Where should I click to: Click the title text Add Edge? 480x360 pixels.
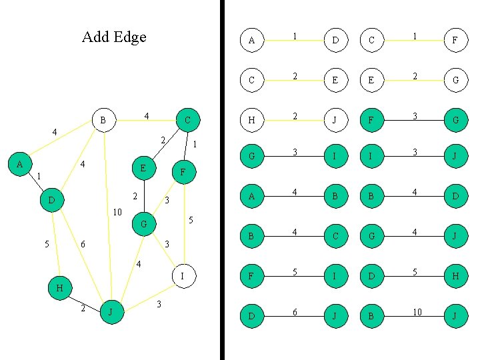tap(114, 37)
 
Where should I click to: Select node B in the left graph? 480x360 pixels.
tap(103, 121)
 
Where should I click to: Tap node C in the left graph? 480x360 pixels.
tap(188, 121)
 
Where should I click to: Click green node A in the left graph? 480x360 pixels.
tap(20, 163)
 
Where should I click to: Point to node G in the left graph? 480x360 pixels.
tap(144, 224)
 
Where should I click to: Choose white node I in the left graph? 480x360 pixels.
tap(183, 275)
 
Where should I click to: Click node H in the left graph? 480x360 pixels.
tap(60, 288)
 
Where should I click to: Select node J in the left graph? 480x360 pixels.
tap(112, 312)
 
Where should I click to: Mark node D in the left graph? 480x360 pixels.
tap(51, 200)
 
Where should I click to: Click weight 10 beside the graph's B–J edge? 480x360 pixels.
tap(117, 213)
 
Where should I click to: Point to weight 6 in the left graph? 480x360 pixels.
tap(83, 245)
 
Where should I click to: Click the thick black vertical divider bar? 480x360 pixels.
tap(223, 180)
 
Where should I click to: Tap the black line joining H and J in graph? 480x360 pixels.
tap(85, 301)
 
